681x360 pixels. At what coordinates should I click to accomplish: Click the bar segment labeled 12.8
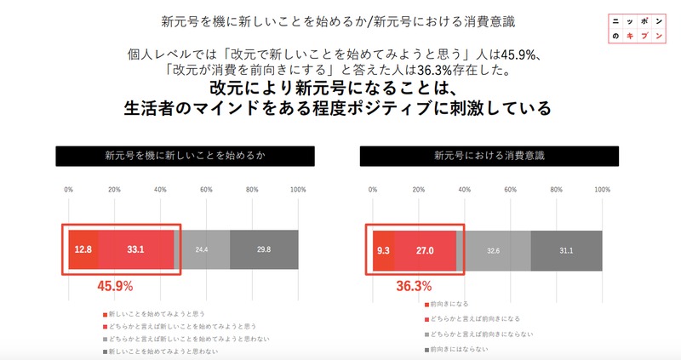click(83, 249)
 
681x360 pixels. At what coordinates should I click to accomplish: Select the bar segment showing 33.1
click(135, 249)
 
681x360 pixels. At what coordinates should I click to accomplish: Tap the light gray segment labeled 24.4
click(202, 249)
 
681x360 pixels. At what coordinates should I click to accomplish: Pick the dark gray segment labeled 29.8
click(264, 249)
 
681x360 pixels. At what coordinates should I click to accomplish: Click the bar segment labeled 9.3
click(383, 250)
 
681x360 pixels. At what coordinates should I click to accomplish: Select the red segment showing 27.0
click(425, 250)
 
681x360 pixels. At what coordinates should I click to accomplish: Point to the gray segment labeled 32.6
click(493, 250)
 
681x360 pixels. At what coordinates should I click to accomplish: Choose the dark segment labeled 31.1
click(566, 250)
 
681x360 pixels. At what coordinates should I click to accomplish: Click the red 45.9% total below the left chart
click(113, 287)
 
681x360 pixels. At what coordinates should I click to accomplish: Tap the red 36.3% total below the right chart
click(414, 287)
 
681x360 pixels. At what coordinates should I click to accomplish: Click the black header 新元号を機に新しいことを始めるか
click(185, 156)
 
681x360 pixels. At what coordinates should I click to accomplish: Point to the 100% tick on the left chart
click(298, 190)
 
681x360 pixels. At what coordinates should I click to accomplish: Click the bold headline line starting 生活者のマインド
click(337, 109)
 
